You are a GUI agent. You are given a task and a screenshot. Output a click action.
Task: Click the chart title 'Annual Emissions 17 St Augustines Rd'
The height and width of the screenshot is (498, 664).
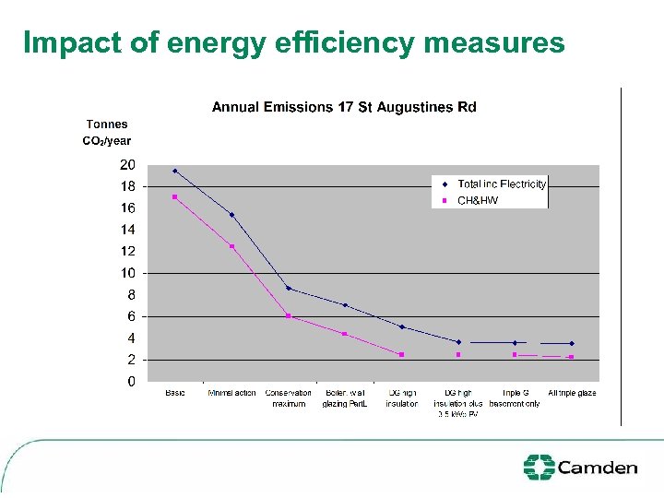pyautogui.click(x=344, y=107)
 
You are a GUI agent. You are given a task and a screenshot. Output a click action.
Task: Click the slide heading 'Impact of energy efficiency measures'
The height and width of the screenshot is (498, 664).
pyautogui.click(x=293, y=42)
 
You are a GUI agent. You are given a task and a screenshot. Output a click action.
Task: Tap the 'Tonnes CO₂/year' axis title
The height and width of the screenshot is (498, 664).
pyautogui.click(x=107, y=132)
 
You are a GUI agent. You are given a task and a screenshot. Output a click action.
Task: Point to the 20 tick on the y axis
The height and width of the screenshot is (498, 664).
pyautogui.click(x=127, y=165)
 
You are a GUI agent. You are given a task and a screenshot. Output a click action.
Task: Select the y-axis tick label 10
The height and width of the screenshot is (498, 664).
pyautogui.click(x=127, y=273)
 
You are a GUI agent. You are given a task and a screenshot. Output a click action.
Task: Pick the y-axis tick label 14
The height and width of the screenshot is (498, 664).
pyautogui.click(x=127, y=230)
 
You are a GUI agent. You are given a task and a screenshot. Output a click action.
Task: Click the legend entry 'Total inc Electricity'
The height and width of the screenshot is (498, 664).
pyautogui.click(x=501, y=184)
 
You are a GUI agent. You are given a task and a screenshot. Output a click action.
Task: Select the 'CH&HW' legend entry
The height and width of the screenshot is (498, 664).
pyautogui.click(x=478, y=200)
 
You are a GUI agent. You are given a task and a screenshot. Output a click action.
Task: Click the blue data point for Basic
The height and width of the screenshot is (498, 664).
pyautogui.click(x=175, y=171)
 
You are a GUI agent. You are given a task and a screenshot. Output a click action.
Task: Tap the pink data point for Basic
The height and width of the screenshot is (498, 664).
pyautogui.click(x=174, y=196)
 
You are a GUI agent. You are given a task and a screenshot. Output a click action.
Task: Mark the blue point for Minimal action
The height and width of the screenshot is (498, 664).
pyautogui.click(x=231, y=215)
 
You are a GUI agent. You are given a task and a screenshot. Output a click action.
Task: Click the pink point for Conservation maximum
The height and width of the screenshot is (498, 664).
pyautogui.click(x=289, y=316)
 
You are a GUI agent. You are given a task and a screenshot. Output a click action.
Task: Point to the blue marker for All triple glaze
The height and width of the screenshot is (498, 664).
pyautogui.click(x=572, y=343)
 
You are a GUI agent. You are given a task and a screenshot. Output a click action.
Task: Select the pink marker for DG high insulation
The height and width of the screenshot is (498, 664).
pyautogui.click(x=402, y=354)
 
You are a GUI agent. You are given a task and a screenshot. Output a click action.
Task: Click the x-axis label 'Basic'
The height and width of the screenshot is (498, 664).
pyautogui.click(x=175, y=393)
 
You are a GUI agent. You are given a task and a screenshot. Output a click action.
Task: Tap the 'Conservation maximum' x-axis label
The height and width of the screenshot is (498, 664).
pyautogui.click(x=289, y=398)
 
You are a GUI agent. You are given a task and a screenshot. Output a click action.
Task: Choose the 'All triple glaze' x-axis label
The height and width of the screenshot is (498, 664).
pyautogui.click(x=572, y=393)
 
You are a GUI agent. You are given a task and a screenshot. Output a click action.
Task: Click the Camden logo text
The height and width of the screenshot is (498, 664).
pyautogui.click(x=598, y=468)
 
